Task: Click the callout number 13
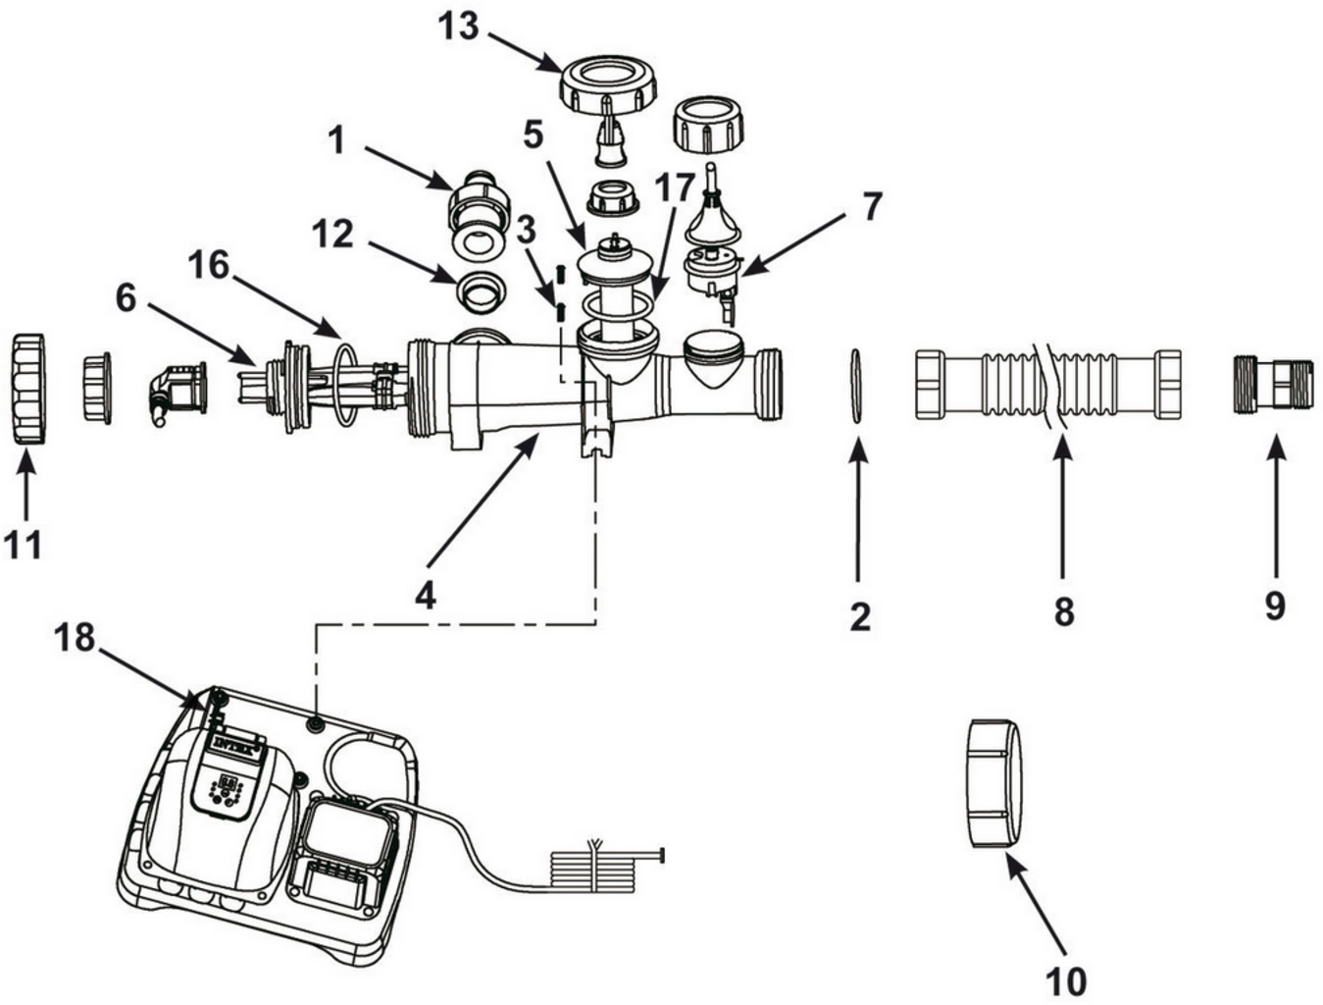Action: (457, 26)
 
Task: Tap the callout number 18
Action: (75, 638)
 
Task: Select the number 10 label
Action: (1065, 980)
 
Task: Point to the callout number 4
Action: (425, 593)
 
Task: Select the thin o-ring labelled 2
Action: (856, 386)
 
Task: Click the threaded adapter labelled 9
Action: (1272, 386)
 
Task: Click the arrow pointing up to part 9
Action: (1274, 510)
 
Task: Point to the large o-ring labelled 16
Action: (344, 382)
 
